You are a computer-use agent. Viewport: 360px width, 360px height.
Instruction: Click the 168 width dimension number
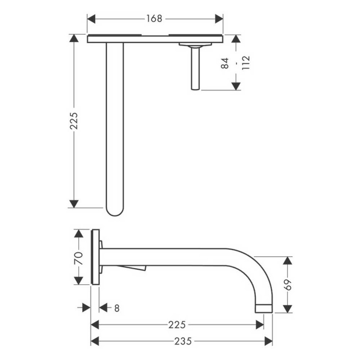click(154, 19)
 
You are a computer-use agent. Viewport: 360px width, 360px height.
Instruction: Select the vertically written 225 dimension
click(74, 121)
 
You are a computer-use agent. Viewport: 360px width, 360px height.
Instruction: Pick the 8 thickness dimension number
click(116, 308)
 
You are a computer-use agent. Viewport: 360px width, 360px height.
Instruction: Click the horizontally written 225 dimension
click(177, 325)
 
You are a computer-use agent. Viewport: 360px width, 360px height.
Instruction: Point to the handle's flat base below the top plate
click(195, 44)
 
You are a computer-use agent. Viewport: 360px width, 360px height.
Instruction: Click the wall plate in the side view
click(95, 257)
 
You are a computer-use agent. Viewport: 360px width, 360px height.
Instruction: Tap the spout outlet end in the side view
click(263, 308)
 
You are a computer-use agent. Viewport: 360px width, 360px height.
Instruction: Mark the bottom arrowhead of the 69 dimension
click(288, 308)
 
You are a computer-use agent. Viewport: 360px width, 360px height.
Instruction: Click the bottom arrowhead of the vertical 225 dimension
click(74, 204)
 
